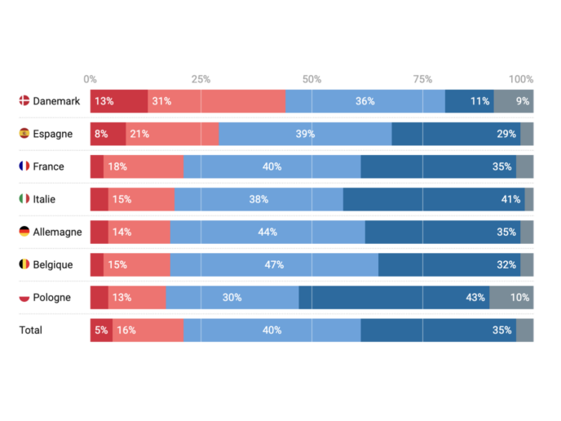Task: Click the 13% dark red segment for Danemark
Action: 119,101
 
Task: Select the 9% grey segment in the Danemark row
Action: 514,101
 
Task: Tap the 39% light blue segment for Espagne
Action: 305,134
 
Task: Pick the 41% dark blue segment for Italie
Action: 434,199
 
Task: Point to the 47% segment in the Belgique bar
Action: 274,264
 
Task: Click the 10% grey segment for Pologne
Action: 511,297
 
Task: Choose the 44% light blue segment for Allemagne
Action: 267,232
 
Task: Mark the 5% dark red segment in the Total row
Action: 101,330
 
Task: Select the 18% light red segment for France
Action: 144,166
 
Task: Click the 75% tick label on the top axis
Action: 422,79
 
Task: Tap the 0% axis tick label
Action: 91,79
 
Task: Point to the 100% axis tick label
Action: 521,79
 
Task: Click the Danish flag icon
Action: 24,101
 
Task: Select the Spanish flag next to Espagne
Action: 24,134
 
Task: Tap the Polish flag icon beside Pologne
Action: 24,297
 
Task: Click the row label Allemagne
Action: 57,232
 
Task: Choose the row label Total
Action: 31,330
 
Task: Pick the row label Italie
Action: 45,199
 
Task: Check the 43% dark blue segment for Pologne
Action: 394,297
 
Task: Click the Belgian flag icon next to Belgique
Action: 24,264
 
